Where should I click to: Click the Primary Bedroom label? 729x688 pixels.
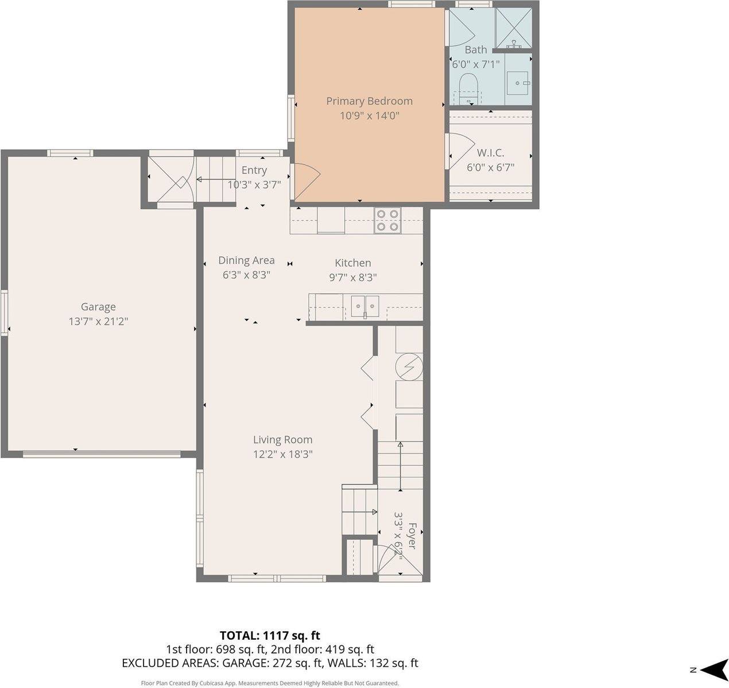[x=369, y=101]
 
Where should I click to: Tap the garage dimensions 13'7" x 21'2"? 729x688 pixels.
[x=98, y=322]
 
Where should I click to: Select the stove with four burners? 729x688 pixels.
[x=387, y=220]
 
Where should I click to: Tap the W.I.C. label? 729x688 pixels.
[x=490, y=153]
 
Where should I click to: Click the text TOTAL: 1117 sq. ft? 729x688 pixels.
[x=270, y=635]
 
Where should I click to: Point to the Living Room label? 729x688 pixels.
[x=282, y=440]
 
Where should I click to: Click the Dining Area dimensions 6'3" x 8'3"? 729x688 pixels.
[x=246, y=275]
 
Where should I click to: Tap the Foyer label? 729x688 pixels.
[x=411, y=535]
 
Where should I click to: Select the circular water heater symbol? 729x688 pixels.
[x=409, y=366]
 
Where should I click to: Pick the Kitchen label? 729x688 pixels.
[x=352, y=263]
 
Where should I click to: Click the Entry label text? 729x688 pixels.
[x=254, y=170]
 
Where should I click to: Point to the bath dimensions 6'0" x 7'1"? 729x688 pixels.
[x=476, y=64]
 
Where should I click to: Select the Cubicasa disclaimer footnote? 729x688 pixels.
[x=270, y=683]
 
